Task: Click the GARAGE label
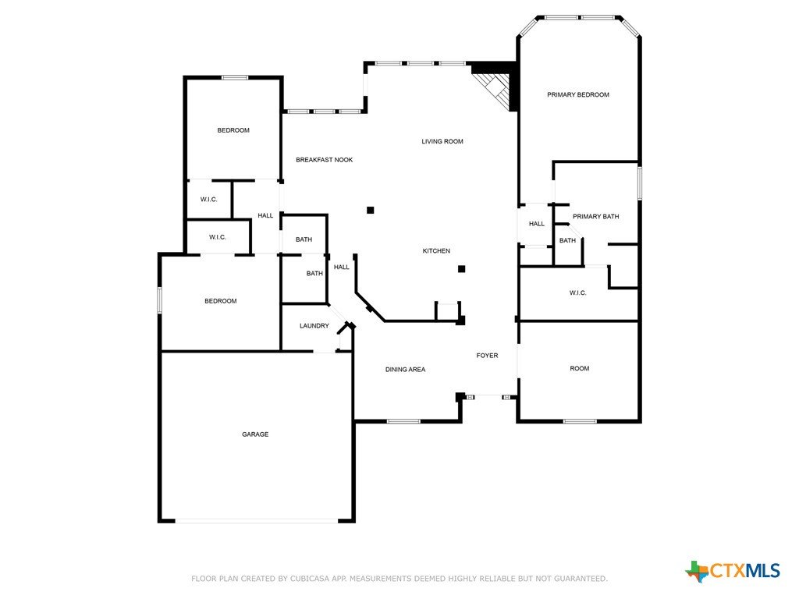[x=255, y=434]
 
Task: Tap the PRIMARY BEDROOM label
[x=578, y=94]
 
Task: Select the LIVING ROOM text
[x=442, y=142]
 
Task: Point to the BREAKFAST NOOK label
[x=324, y=160]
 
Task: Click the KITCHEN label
[x=436, y=251]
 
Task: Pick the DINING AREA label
[x=405, y=370]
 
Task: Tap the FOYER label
[x=487, y=356]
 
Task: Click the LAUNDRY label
[x=314, y=326]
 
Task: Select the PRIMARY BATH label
[x=595, y=217]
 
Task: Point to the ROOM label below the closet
[x=580, y=369]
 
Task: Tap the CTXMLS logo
[x=733, y=571]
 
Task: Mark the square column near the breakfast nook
[x=371, y=210]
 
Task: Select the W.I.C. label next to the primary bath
[x=577, y=293]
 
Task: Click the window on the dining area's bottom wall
[x=403, y=421]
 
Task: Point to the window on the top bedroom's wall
[x=235, y=77]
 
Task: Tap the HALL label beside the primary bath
[x=537, y=224]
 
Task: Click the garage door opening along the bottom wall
[x=256, y=520]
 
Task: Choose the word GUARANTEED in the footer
[x=581, y=579]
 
